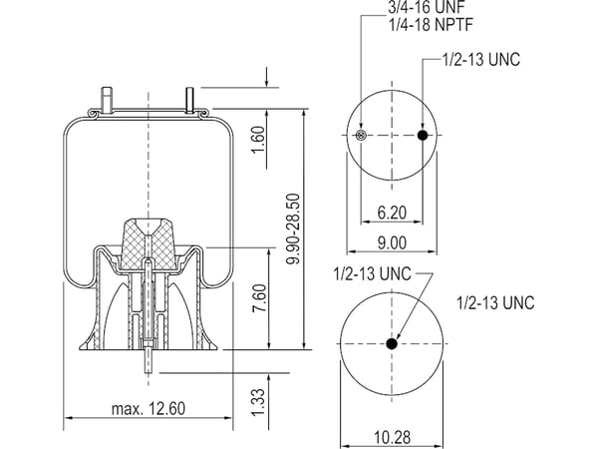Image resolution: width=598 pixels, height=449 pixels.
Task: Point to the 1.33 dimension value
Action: pyautogui.click(x=258, y=400)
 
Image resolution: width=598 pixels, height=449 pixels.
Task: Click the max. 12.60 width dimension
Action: pyautogui.click(x=149, y=408)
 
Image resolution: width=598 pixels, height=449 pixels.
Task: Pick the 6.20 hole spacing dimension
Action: pyautogui.click(x=391, y=212)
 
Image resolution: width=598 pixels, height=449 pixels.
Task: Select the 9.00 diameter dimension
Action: pyautogui.click(x=392, y=242)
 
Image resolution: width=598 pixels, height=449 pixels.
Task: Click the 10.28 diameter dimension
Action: pyautogui.click(x=390, y=436)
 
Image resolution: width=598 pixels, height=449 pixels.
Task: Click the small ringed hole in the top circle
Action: pyautogui.click(x=361, y=136)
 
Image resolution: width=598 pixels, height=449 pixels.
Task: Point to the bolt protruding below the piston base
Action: pyautogui.click(x=148, y=356)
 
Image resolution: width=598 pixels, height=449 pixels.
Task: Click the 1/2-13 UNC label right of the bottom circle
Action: pyautogui.click(x=494, y=302)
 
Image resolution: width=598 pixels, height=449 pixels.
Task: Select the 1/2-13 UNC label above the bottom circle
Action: pyautogui.click(x=372, y=273)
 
